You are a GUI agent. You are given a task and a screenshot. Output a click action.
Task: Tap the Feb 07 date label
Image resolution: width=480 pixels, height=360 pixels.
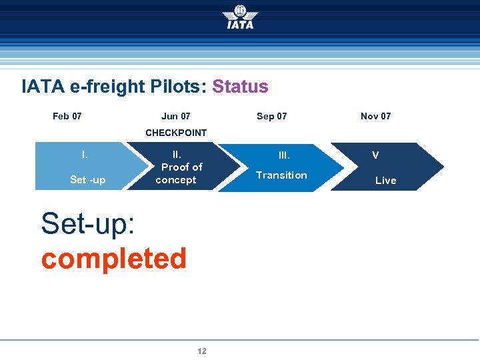(x=67, y=116)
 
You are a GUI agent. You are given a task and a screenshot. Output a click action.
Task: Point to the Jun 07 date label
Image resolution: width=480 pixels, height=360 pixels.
(x=175, y=116)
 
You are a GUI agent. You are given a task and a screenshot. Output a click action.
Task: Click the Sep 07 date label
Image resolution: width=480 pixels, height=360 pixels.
(x=271, y=116)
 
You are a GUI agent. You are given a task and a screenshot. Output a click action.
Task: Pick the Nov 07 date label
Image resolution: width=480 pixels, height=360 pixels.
(x=375, y=116)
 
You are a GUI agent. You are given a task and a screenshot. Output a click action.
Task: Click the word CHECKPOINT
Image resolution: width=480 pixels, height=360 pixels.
(x=176, y=133)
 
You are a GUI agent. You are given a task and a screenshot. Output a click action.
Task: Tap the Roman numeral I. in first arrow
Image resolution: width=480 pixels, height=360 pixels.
(x=85, y=155)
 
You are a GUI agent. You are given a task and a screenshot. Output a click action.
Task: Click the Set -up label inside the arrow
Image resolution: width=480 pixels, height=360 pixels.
(x=87, y=180)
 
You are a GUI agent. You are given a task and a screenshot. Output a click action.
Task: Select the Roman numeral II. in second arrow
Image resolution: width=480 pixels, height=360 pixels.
(x=177, y=155)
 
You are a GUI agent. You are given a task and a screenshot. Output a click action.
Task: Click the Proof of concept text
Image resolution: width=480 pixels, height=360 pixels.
(x=178, y=173)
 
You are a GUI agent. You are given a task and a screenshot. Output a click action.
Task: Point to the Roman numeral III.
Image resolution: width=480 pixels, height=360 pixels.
(x=284, y=155)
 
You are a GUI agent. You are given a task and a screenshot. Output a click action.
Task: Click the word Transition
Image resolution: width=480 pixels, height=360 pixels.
(x=281, y=175)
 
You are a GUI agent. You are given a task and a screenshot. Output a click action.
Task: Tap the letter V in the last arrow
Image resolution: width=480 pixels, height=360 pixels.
(x=375, y=155)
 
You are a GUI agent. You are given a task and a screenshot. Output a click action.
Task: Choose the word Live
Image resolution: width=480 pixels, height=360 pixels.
(x=385, y=181)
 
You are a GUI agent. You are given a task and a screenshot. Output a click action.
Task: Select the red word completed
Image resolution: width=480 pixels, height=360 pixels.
(x=113, y=259)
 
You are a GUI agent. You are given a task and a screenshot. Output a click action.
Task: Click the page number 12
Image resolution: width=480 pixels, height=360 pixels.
(x=202, y=351)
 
